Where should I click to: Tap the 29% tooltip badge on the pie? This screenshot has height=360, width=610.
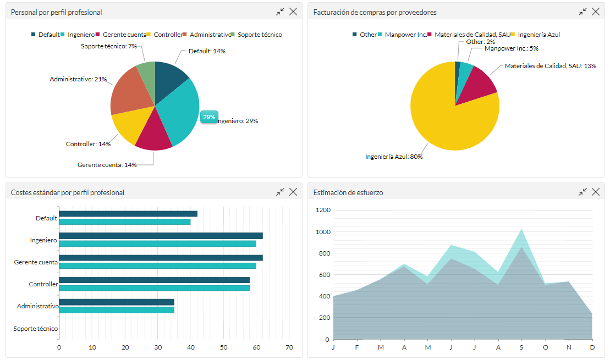tap(209, 117)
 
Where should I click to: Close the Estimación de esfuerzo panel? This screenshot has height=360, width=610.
tap(596, 192)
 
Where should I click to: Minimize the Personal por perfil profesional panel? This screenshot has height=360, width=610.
tap(281, 12)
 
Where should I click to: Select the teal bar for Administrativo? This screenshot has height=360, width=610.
tap(116, 310)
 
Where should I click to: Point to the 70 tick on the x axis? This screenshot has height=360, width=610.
tap(289, 347)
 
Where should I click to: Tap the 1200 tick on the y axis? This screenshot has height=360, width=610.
tap(323, 210)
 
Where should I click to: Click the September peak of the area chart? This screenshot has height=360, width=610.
tap(521, 230)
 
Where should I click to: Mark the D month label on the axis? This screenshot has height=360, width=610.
tap(592, 347)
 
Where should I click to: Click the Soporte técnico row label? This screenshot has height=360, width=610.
tap(36, 329)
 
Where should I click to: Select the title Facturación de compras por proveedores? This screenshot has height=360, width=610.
tap(375, 12)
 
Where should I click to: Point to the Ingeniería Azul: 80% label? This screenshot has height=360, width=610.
tap(394, 157)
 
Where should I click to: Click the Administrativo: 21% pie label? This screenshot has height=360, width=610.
tap(78, 79)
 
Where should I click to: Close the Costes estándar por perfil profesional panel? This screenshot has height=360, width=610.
tap(293, 192)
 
